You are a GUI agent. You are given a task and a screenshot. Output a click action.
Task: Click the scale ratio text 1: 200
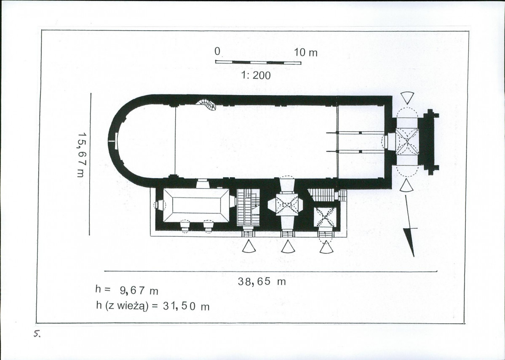coord(256,76)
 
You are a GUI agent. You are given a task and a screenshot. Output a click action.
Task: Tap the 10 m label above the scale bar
coord(306,53)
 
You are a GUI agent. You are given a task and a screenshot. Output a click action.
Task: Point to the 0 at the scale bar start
coord(217,51)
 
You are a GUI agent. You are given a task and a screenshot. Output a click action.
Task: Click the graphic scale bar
coord(258,63)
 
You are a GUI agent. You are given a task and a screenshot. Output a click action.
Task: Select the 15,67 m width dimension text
coord(81,155)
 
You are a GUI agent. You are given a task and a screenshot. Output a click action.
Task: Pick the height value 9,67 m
coord(139,290)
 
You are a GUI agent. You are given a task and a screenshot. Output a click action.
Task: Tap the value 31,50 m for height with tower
coord(187,306)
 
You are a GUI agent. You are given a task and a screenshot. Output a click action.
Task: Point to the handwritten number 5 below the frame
coord(37,334)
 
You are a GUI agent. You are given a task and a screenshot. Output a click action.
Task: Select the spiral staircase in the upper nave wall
coord(207,104)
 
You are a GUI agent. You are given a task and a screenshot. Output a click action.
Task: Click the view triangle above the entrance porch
coord(407,98)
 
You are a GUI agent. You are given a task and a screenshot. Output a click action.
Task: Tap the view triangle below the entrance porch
coord(407,185)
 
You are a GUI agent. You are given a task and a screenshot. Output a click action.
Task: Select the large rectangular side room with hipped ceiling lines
coord(196,205)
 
